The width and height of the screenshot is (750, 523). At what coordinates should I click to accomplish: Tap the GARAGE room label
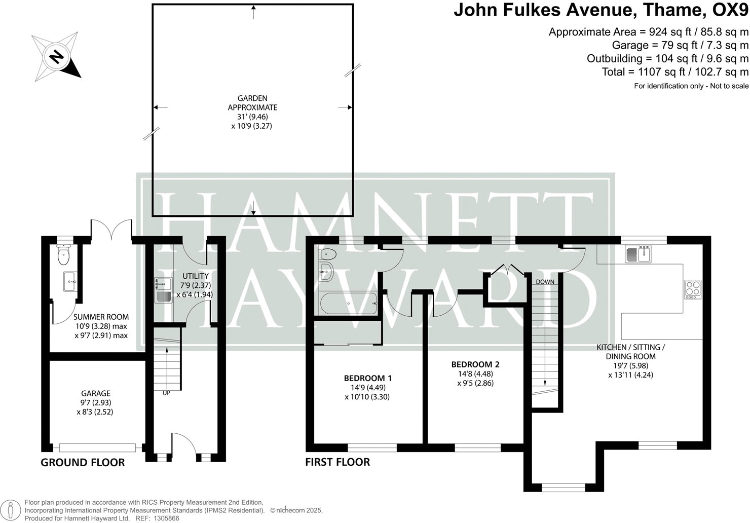pyautogui.click(x=96, y=393)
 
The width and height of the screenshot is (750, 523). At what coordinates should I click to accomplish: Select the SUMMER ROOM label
pyautogui.click(x=101, y=317)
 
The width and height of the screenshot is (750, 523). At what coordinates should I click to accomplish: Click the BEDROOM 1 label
pyautogui.click(x=367, y=378)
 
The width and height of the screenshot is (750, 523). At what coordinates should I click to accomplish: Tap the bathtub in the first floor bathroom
pyautogui.click(x=348, y=304)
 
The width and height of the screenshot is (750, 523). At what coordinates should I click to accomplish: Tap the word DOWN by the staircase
pyautogui.click(x=545, y=282)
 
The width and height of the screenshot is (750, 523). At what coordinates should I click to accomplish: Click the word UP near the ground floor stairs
pyautogui.click(x=166, y=393)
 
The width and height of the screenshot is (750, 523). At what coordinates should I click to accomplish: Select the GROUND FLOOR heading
pyautogui.click(x=83, y=462)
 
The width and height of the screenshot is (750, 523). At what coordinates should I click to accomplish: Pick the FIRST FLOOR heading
pyautogui.click(x=337, y=462)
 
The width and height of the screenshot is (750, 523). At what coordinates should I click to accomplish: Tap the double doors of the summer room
pyautogui.click(x=111, y=229)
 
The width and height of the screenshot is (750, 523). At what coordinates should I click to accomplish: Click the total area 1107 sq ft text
pyautogui.click(x=674, y=72)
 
